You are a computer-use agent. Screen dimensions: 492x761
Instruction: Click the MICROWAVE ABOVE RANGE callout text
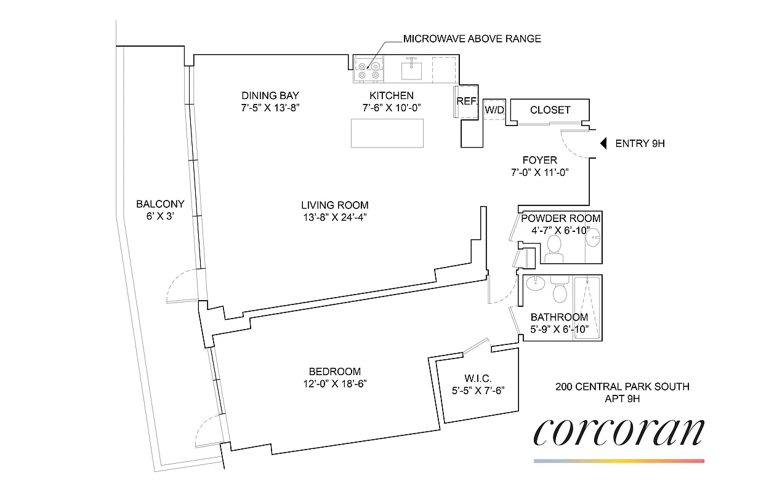pos(472,39)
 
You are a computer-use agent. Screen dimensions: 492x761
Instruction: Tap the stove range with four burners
pos(368,69)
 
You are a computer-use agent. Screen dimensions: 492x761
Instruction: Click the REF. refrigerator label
pos(467,100)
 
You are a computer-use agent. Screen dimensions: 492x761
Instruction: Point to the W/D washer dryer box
pos(494,110)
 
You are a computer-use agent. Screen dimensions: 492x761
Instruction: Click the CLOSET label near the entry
pos(550,110)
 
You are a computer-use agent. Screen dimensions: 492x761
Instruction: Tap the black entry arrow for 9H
pos(604,143)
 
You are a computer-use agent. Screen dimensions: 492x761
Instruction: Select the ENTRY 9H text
pos(640,144)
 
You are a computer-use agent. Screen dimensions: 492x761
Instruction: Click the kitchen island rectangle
pos(387,133)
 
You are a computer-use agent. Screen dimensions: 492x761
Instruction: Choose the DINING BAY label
pos(270,95)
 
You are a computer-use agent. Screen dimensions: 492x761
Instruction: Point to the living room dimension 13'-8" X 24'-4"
pos(334,216)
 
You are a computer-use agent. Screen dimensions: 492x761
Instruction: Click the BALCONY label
pos(160,204)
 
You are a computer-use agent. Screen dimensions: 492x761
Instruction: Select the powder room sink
pos(592,237)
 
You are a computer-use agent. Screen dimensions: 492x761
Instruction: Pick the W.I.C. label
pos(477,378)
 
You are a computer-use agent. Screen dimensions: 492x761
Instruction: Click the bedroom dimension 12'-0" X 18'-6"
pos(334,383)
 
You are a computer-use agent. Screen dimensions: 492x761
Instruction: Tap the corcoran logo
pos(618,433)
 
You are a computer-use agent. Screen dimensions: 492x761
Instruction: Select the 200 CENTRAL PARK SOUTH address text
pos(622,387)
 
